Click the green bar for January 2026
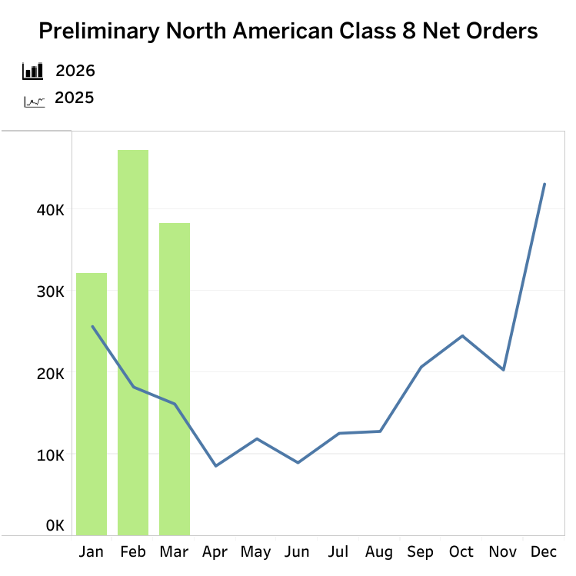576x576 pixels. tap(92, 404)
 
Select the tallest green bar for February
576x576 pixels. tap(133, 342)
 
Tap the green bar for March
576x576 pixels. tap(175, 378)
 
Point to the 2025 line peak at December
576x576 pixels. tap(544, 184)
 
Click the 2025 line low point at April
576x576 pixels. tap(215, 466)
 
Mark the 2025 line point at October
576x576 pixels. tap(462, 336)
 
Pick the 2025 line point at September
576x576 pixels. tap(421, 367)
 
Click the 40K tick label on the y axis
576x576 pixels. tap(49, 210)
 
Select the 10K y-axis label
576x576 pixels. tap(49, 454)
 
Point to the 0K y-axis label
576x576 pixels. tap(55, 526)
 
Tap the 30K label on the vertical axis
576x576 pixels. tap(49, 291)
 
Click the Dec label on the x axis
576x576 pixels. tap(544, 552)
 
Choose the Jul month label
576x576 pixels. tap(338, 552)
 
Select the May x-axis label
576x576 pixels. tap(255, 552)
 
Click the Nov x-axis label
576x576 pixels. tap(503, 552)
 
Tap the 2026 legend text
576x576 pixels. tap(75, 72)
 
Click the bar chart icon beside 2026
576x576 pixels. tap(33, 72)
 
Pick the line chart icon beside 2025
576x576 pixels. tap(34, 100)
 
